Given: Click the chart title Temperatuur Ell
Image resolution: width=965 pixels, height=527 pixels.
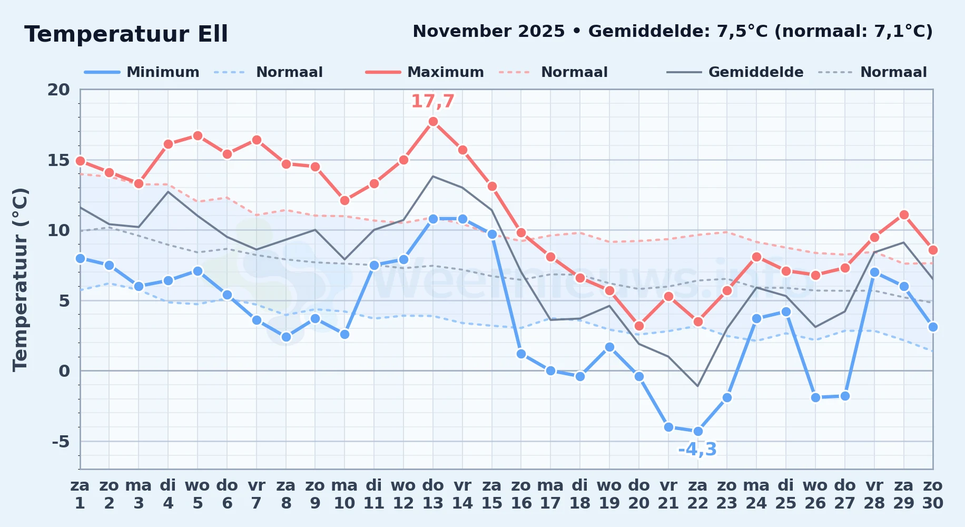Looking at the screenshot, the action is pos(126,34).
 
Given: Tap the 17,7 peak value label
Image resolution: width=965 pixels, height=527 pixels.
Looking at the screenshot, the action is pos(432,101).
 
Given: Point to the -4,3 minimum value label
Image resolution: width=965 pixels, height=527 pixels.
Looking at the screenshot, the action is pos(697,450).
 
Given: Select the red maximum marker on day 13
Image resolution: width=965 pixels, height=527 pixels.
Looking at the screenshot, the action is pos(433,122).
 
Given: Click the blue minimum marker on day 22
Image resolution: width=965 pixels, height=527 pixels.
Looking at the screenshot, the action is pos(698,431).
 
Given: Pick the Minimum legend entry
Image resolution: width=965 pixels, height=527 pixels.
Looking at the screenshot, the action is pos(142,72).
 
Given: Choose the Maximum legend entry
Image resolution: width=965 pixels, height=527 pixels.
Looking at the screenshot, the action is pos(425,72).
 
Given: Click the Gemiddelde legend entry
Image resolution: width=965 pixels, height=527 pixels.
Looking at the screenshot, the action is pos(735,72).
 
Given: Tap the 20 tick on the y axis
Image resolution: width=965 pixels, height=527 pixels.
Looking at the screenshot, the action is pos(58,90).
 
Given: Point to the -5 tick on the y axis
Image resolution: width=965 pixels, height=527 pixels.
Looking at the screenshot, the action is pos(61,441).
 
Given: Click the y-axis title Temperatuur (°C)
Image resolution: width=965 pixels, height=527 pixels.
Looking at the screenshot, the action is pos(20,279).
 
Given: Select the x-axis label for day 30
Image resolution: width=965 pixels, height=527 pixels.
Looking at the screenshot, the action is pos(933,494).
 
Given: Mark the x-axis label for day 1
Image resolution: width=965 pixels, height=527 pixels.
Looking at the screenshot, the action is pos(80,494).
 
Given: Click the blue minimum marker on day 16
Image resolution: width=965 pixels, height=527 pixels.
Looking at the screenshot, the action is pos(521,354).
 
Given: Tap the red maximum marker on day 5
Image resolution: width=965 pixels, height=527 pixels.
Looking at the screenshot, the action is pos(198,136).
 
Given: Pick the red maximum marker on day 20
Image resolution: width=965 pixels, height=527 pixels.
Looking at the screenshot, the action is pos(639,326).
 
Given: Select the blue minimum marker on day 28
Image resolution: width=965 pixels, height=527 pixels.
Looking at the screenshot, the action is pos(874,272).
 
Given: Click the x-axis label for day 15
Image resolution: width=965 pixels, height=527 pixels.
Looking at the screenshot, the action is pos(492,494).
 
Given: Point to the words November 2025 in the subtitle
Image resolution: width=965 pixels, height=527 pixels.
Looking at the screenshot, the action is pos(489,32).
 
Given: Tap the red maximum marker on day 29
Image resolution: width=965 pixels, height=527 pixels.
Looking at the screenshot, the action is pos(904,214).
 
